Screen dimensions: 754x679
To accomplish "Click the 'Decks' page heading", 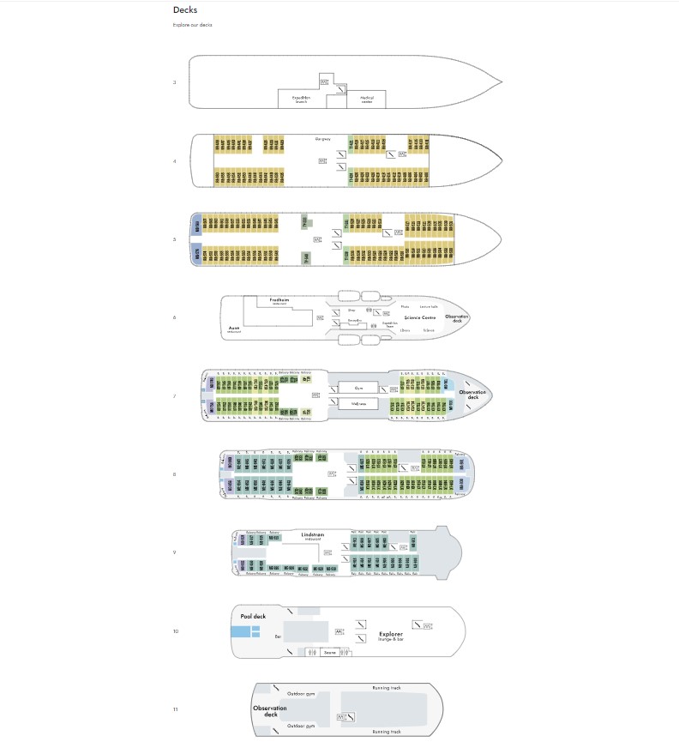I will pyautogui.click(x=184, y=10).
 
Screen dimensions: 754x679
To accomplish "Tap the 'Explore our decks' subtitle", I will pyautogui.click(x=193, y=25).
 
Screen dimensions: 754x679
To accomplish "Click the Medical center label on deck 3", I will pyautogui.click(x=365, y=100).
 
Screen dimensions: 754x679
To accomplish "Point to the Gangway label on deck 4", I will pyautogui.click(x=322, y=139).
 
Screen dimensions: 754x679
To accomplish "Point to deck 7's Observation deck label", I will pyautogui.click(x=472, y=395).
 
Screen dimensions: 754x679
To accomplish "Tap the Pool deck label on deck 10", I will pyautogui.click(x=253, y=617).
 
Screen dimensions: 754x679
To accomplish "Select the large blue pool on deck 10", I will pyautogui.click(x=241, y=632).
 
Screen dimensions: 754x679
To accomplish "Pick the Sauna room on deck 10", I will pyautogui.click(x=329, y=653).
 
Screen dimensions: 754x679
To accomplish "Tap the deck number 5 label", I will pyautogui.click(x=175, y=239).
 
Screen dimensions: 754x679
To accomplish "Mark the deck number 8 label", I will pyautogui.click(x=175, y=474).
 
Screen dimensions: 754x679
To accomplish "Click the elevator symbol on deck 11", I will pyautogui.click(x=341, y=716).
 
